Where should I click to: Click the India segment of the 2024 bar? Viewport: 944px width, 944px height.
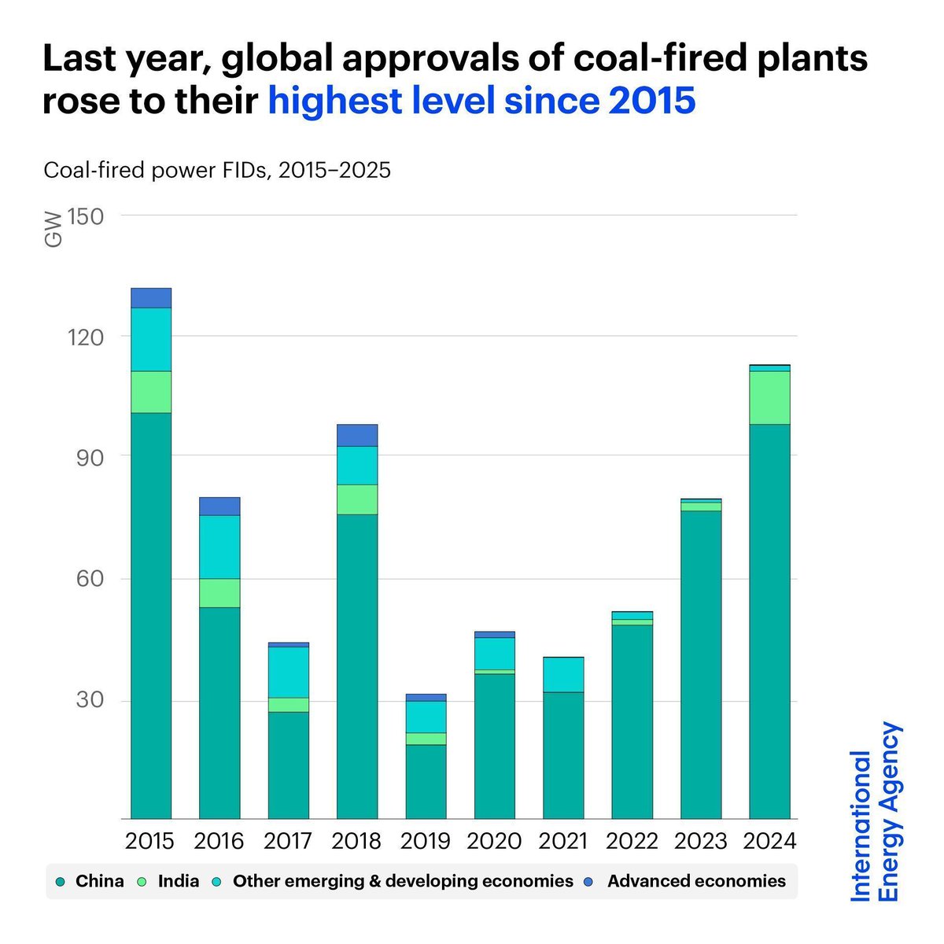(x=769, y=397)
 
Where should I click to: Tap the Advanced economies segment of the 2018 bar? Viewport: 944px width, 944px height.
(x=357, y=435)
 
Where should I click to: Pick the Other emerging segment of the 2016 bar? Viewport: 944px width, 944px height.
(x=219, y=547)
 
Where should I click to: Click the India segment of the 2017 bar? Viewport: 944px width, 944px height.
(x=288, y=705)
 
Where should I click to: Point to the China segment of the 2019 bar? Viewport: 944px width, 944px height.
(x=426, y=781)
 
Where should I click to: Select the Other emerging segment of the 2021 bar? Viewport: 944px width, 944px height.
(x=563, y=674)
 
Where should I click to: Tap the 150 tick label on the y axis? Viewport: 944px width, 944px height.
(x=86, y=216)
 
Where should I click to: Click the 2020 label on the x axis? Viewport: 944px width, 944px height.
(x=494, y=841)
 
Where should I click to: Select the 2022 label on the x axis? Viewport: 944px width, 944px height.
(x=632, y=841)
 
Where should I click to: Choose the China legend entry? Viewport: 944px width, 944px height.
(x=90, y=881)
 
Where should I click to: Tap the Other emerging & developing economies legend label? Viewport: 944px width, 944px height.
(x=403, y=881)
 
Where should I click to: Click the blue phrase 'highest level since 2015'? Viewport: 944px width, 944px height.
(x=481, y=101)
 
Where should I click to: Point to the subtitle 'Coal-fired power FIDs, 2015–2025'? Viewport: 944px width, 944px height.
(x=217, y=170)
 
